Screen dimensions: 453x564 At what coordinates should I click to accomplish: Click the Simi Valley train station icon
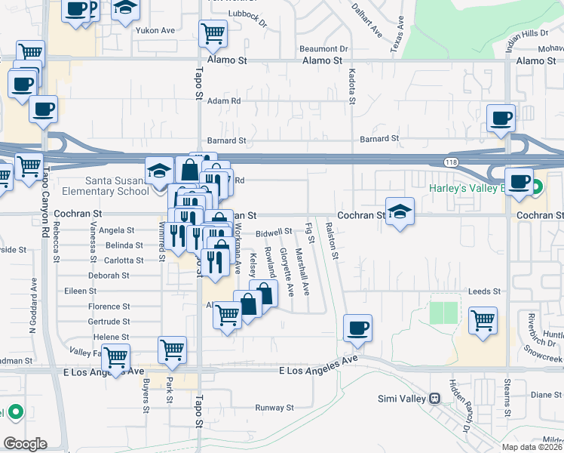pos(434,398)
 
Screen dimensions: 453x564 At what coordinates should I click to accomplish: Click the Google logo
pos(24,444)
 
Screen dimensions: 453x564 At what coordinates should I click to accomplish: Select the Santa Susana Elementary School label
pos(117,186)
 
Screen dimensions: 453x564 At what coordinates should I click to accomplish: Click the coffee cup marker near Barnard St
pos(501,119)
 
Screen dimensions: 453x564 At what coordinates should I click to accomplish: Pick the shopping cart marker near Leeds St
pos(483,320)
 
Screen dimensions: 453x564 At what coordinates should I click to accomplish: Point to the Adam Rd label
pos(224,100)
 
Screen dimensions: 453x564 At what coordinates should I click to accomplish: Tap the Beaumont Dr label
pos(323,49)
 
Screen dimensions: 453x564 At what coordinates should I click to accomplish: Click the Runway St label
pos(274,408)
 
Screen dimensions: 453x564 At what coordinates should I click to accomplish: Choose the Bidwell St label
pos(274,233)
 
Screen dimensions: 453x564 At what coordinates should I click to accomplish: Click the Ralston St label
pos(331,241)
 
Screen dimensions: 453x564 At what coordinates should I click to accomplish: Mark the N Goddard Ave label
pos(33,306)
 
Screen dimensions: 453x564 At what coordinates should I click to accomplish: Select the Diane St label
pos(541,395)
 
